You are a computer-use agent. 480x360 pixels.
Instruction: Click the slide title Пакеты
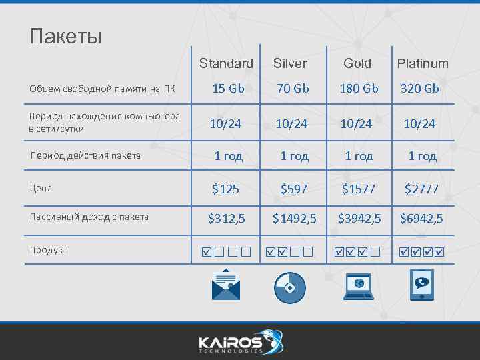[x=65, y=35]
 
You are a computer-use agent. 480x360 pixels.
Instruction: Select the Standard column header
[x=226, y=63]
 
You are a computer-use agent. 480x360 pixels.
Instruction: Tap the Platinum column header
[x=423, y=63]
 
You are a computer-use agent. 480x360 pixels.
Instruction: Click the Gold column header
[x=357, y=63]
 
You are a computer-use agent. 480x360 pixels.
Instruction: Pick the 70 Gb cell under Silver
[x=293, y=88]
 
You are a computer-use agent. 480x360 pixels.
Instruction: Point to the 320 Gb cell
[x=419, y=88]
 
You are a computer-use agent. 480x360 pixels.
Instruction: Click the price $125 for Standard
[x=225, y=189]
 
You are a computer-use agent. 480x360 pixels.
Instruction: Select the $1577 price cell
[x=358, y=189]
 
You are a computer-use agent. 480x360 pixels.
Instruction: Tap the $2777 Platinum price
[x=421, y=189]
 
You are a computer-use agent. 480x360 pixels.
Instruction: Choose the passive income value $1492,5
[x=294, y=218]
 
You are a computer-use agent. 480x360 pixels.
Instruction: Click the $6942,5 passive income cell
[x=421, y=218]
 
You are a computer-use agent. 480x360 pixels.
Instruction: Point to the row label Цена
[x=41, y=188]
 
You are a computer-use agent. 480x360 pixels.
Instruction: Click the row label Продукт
[x=48, y=250]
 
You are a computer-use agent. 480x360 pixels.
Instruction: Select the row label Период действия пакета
[x=86, y=155]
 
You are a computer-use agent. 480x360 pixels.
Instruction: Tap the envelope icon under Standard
[x=226, y=285]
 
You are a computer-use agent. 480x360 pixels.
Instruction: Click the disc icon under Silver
[x=290, y=287]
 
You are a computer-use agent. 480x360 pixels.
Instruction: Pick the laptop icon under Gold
[x=359, y=286]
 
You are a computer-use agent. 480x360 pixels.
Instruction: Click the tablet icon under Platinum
[x=421, y=286]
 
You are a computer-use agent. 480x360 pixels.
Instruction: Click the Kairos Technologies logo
[x=240, y=341]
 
